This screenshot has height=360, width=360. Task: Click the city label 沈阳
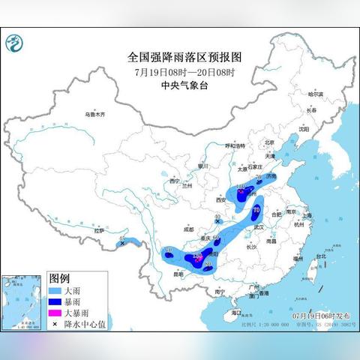coord(303,129)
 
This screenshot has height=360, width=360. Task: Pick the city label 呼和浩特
coord(235,145)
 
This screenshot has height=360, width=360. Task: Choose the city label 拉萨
coord(99,230)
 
